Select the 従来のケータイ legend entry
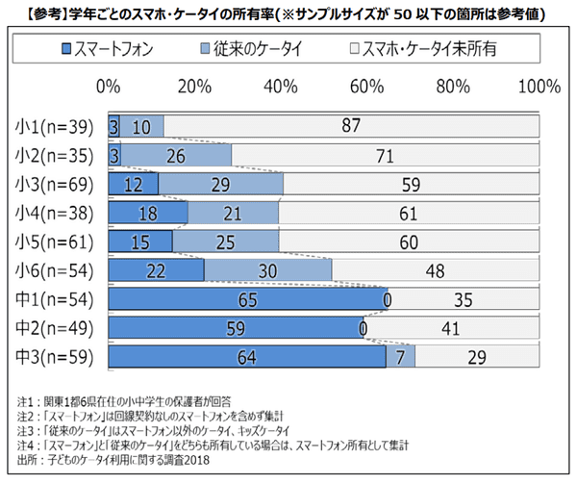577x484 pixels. tap(245, 47)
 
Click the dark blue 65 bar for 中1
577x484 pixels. tap(246, 300)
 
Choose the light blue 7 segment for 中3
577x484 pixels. tap(400, 358)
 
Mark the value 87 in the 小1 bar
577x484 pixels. tap(350, 126)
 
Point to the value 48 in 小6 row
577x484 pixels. tap(435, 271)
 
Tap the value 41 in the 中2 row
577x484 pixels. tap(450, 329)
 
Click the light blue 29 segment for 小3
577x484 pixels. tap(221, 184)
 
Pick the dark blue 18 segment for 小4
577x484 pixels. tap(149, 213)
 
